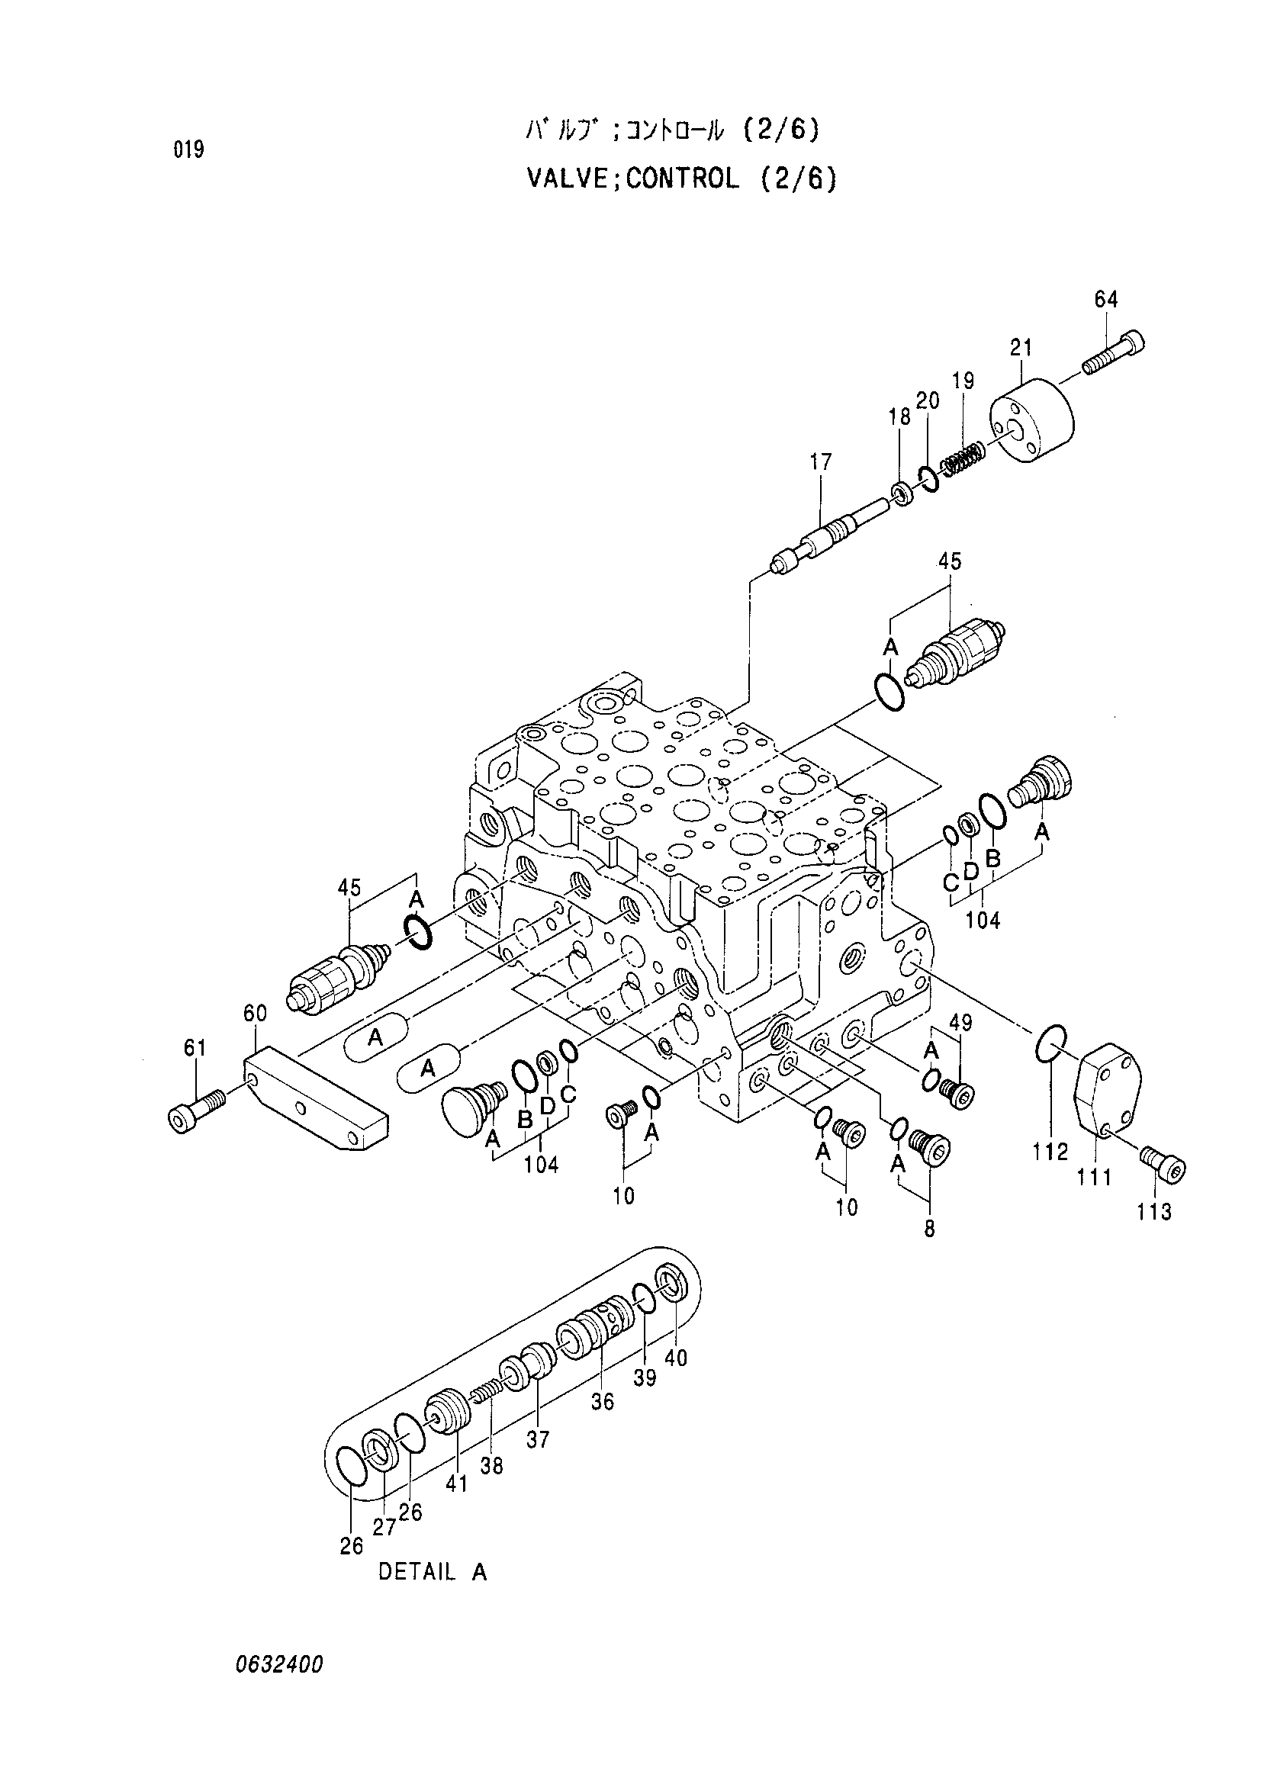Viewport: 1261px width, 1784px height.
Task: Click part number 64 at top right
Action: click(x=1105, y=299)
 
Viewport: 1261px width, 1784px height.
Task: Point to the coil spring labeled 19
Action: click(x=964, y=458)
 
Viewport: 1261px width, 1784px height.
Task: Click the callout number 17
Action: click(x=821, y=461)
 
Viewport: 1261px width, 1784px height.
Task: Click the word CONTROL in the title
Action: click(x=682, y=180)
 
